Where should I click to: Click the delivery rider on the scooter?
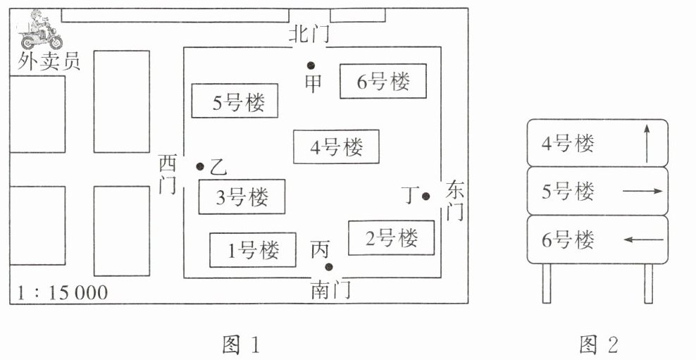(x=41, y=30)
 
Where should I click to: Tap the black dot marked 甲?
(x=311, y=66)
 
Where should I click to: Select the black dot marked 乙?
(x=200, y=166)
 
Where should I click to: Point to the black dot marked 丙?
(x=329, y=267)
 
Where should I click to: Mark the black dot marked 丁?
(x=426, y=196)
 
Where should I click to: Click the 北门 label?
(x=309, y=35)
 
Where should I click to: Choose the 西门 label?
(x=168, y=174)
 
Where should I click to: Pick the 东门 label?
(x=454, y=200)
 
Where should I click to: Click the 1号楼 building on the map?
(x=253, y=250)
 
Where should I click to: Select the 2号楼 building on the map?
(x=391, y=238)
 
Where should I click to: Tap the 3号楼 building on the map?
(x=242, y=197)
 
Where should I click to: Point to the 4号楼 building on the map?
(x=336, y=147)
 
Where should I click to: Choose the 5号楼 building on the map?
(x=235, y=101)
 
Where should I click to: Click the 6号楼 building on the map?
(x=383, y=81)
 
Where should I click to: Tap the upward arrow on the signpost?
(x=647, y=144)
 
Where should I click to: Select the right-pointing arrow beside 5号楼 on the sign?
(x=642, y=192)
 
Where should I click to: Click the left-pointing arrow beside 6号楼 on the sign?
(x=643, y=240)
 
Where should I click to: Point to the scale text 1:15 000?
(x=62, y=293)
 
